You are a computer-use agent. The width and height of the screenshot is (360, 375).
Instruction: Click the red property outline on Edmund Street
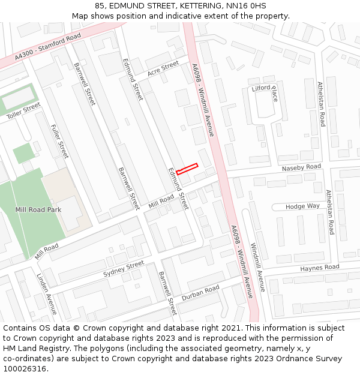187,169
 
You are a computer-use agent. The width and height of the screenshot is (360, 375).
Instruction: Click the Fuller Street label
60,142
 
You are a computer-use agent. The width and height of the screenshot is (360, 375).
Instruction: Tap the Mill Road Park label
38,210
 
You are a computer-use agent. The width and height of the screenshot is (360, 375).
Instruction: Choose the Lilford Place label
265,93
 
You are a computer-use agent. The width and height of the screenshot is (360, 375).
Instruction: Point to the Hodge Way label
302,206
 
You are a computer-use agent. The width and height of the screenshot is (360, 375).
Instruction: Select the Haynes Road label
320,268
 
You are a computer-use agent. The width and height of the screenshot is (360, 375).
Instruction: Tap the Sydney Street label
124,268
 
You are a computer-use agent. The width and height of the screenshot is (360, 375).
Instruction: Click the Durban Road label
200,292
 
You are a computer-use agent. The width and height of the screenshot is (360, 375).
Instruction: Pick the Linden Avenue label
47,295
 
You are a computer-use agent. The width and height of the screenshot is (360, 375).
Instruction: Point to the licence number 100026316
26,369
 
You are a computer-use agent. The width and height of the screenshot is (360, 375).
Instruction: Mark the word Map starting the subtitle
80,16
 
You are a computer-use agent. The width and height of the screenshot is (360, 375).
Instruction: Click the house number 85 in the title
100,6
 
